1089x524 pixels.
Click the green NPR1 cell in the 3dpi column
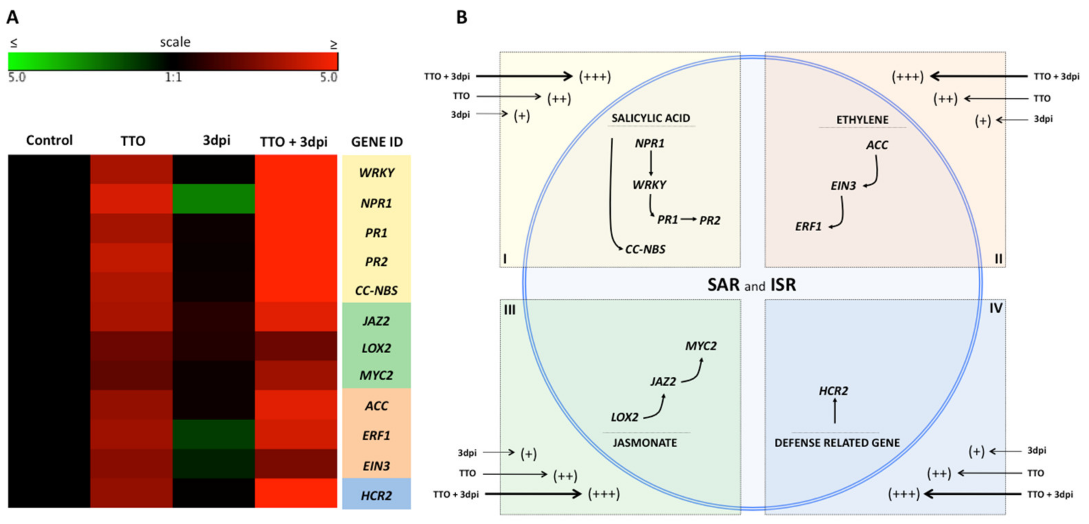213,198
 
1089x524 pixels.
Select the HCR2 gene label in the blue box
376,495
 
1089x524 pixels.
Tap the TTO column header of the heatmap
133,141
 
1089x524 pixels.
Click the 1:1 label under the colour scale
173,77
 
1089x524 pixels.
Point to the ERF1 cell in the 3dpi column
213,434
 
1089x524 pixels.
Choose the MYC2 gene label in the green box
376,375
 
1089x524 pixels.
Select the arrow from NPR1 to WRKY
651,163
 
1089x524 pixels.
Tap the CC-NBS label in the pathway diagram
645,249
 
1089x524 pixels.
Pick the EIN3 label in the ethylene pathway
843,186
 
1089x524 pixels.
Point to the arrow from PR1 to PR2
689,219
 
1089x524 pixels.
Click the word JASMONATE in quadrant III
645,443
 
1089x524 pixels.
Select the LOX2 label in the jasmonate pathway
624,417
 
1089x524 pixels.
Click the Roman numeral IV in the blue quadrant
995,308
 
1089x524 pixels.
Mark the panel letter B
462,17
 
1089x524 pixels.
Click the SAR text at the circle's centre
723,285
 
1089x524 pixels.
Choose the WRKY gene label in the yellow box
376,172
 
